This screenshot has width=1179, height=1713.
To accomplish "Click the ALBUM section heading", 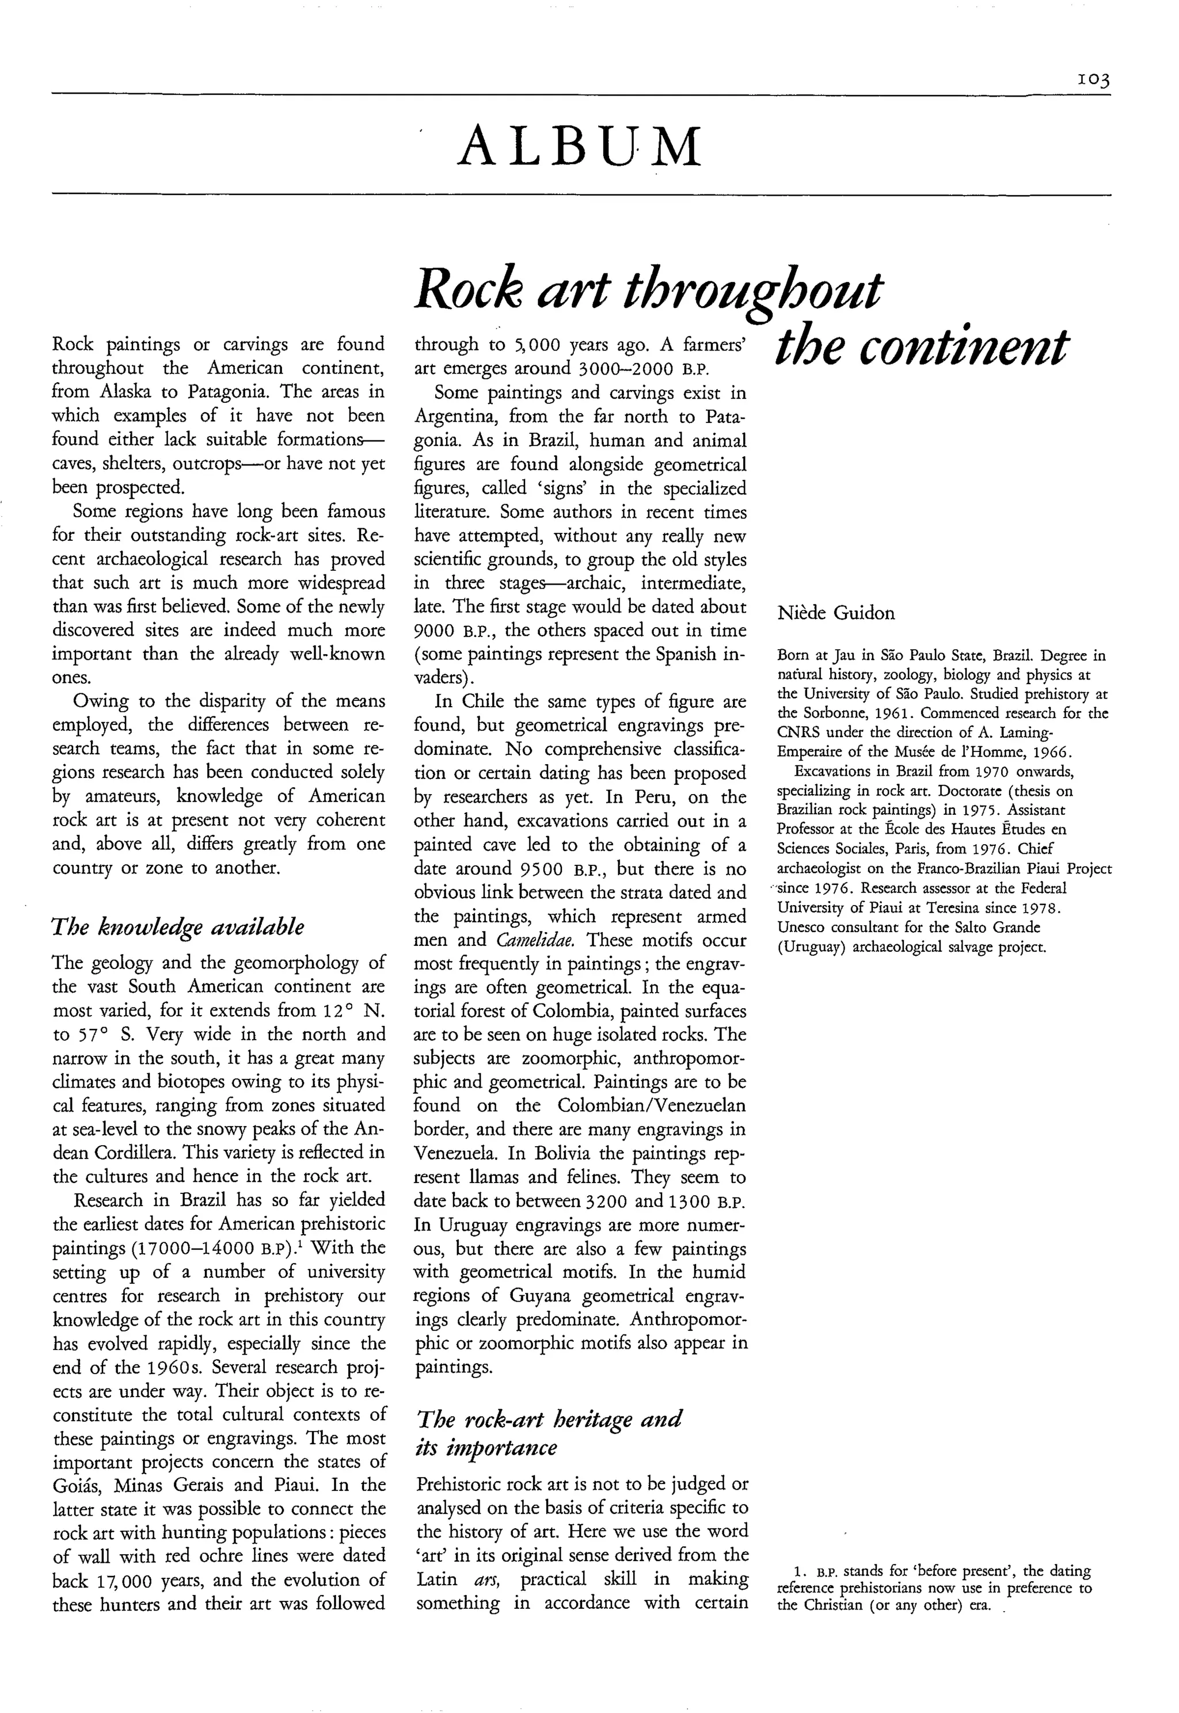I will coord(579,146).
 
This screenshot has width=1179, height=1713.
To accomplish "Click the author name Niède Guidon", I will coord(835,613).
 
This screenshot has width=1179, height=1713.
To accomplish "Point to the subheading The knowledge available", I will coord(178,926).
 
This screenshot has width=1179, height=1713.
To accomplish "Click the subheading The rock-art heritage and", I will coord(550,1418).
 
